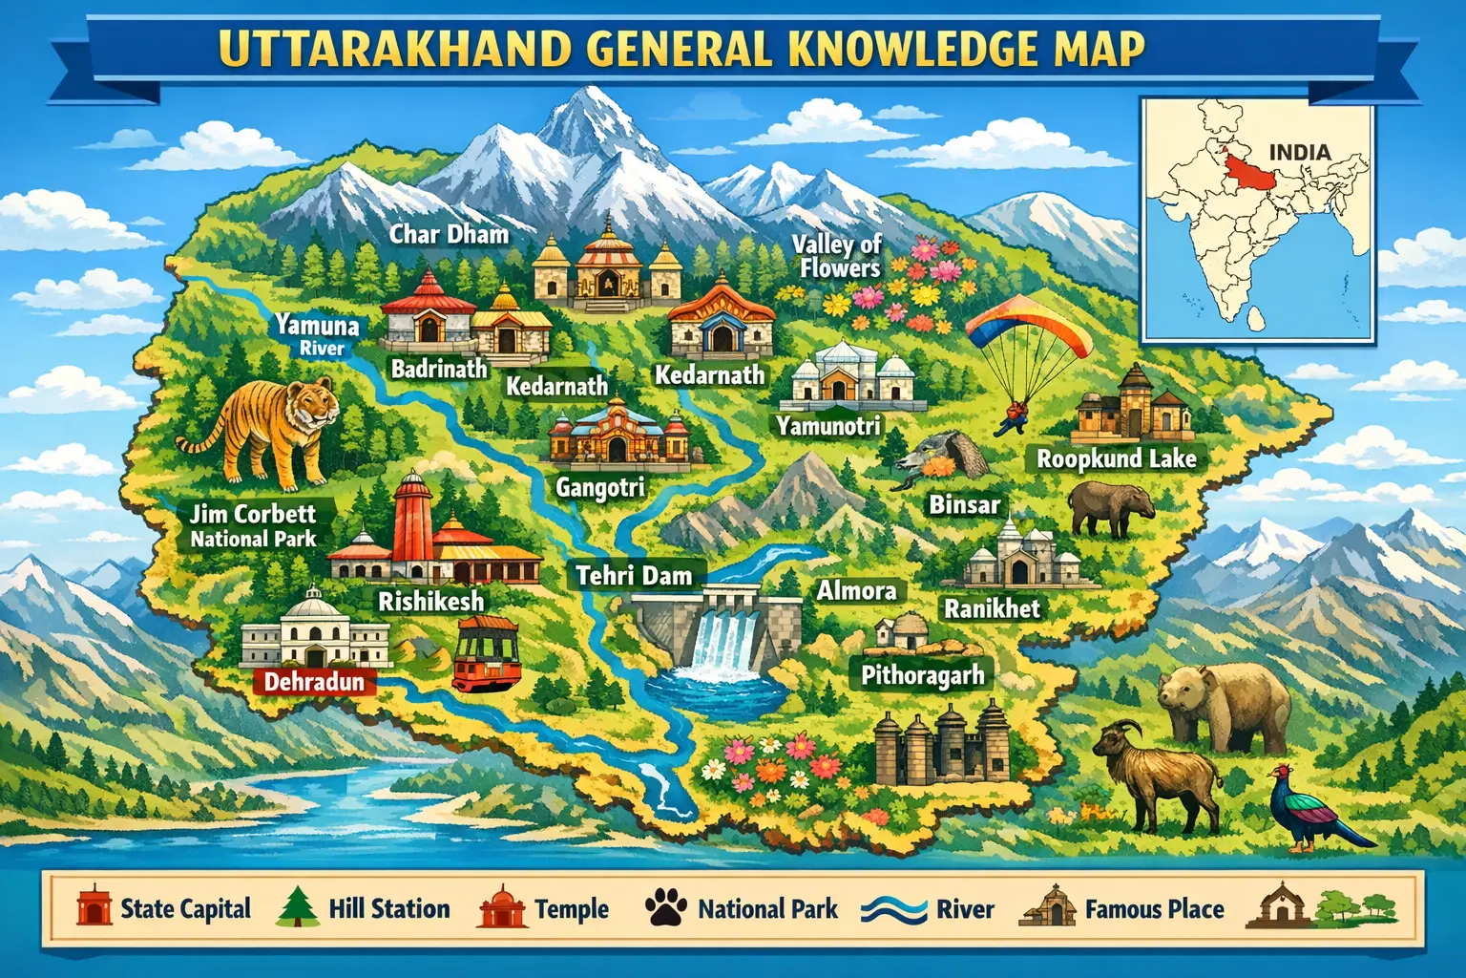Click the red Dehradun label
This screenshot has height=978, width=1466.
coord(314,682)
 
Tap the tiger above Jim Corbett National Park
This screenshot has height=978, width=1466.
coord(262,429)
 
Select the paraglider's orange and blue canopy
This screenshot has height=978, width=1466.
coord(1028,328)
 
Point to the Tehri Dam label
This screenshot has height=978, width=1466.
coord(634,576)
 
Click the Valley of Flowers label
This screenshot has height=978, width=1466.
coord(837,256)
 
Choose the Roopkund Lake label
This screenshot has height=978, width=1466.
coord(1116,459)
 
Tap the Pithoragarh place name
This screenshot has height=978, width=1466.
coord(922,676)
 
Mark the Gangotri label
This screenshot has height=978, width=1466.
coord(600,488)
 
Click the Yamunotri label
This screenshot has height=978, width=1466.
coord(827,426)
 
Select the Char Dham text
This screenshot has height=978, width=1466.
coord(449,234)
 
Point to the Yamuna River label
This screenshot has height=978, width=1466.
coord(318,335)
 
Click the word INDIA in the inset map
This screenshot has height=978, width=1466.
coord(1299,152)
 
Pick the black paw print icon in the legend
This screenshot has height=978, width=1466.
coord(665,908)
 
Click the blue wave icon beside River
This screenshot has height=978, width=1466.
coord(893,909)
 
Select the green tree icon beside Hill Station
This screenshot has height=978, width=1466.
coord(297,908)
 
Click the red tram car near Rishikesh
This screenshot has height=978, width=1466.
coord(487,653)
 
